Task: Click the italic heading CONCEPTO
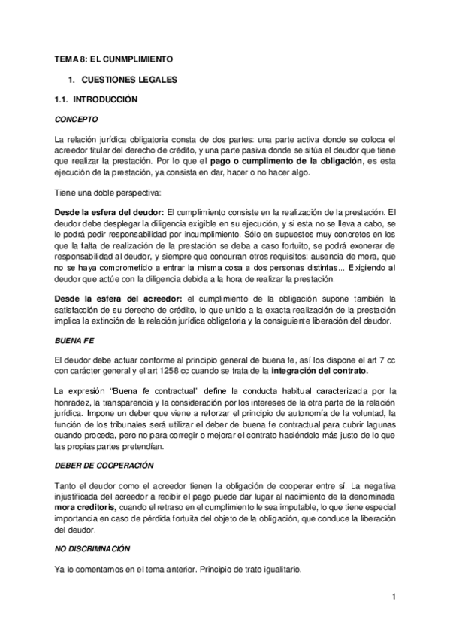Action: click(77, 120)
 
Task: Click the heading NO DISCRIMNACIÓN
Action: click(93, 550)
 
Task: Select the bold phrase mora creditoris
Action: click(86, 508)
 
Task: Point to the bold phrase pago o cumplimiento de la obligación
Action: click(298, 160)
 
